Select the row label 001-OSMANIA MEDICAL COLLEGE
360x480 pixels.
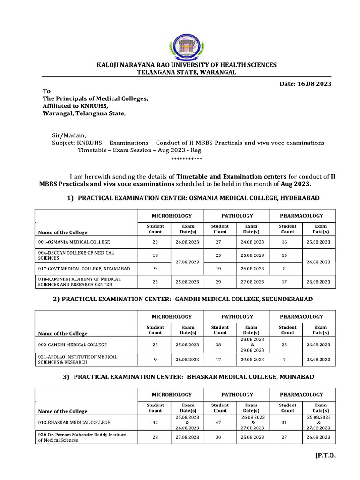[x=74, y=242]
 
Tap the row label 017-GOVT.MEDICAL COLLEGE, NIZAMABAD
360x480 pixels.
[x=84, y=269]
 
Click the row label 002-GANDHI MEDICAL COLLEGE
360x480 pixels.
[x=73, y=345]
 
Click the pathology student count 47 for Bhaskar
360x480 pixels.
[x=220, y=422]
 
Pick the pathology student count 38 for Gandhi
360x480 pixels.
[x=220, y=345]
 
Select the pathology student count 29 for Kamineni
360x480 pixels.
[x=220, y=282]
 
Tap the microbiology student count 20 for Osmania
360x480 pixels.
[x=155, y=242]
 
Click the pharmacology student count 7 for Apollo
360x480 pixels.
[x=287, y=360]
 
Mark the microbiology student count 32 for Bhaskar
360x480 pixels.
[x=155, y=422]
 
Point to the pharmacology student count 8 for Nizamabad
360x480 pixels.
[x=287, y=269]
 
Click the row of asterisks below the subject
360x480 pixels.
[x=187, y=159]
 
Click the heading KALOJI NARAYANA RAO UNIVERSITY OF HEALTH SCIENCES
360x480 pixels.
[x=187, y=65]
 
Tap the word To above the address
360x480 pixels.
[x=46, y=91]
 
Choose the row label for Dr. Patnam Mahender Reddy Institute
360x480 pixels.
[x=82, y=437]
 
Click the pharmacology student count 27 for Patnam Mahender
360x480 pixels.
[x=287, y=437]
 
